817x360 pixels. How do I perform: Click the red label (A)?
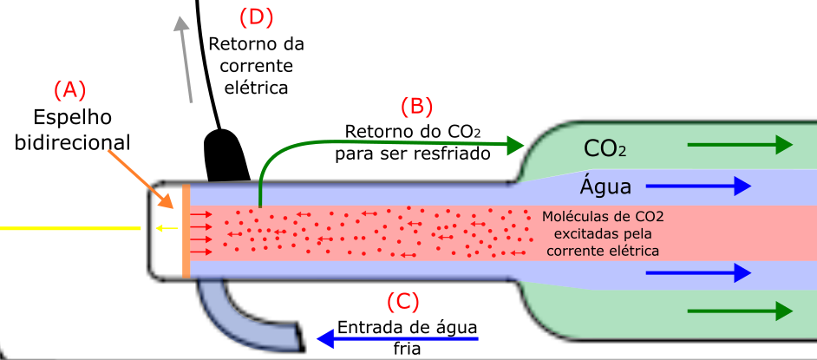pos(69,90)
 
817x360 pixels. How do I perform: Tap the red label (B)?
pos(416,107)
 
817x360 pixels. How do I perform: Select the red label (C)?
pos(402,301)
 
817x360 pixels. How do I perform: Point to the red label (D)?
pos(257,17)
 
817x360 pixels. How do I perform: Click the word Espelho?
pos(73,118)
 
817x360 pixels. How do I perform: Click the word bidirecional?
pos(73,142)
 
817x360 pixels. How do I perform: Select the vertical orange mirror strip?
pos(186,231)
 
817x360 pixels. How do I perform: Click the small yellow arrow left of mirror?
pos(167,227)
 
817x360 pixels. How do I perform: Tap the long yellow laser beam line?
pos(70,228)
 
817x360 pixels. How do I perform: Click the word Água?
pos(605,186)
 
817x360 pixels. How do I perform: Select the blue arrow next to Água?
pos(699,186)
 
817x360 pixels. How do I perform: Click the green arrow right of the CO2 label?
pos(741,144)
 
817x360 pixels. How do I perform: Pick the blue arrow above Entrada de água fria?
pos(397,339)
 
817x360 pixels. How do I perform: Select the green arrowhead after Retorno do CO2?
pos(515,144)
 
